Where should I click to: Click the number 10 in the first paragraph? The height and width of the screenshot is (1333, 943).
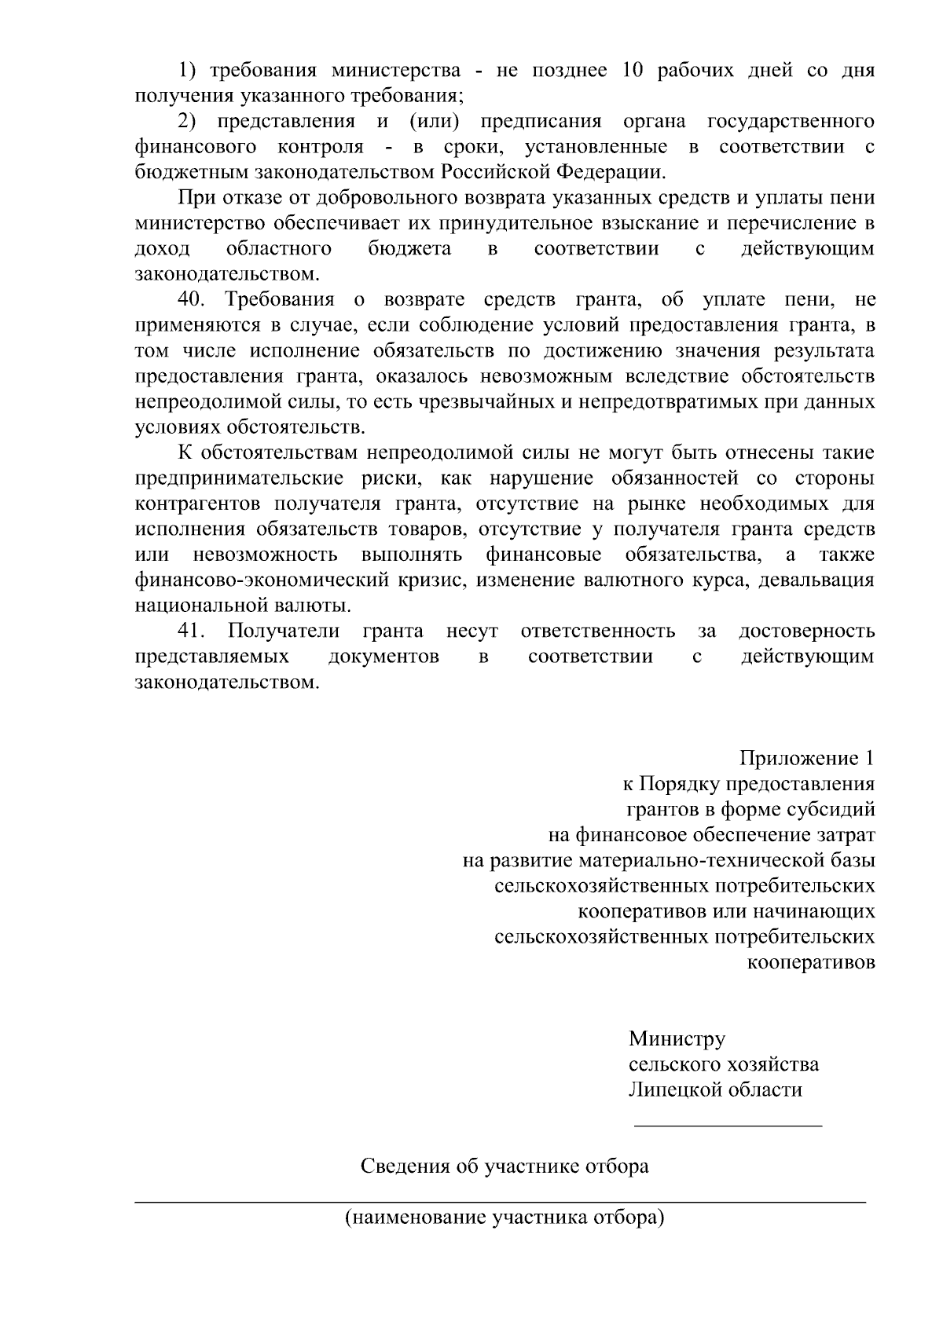click(631, 71)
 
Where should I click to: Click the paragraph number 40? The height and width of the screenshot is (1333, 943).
click(192, 299)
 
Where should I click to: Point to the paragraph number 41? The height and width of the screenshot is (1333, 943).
click(192, 631)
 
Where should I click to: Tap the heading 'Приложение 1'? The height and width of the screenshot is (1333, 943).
click(806, 758)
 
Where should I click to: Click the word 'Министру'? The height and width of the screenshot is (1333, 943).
click(677, 1039)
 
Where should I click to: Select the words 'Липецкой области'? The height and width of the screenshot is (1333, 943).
click(715, 1089)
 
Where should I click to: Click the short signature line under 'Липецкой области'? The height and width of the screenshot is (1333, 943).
click(728, 1126)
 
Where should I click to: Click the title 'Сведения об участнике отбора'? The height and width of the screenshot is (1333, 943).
click(505, 1166)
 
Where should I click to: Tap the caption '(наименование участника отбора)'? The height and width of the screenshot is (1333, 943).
click(505, 1218)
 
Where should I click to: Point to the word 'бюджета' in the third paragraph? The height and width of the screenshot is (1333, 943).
click(409, 249)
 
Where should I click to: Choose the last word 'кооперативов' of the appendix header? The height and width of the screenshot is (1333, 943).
click(810, 963)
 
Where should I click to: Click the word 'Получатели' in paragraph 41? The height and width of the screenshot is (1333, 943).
click(284, 631)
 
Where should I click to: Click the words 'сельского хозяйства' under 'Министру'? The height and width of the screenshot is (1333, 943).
click(724, 1064)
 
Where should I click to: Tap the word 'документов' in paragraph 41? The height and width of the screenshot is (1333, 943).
click(383, 657)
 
